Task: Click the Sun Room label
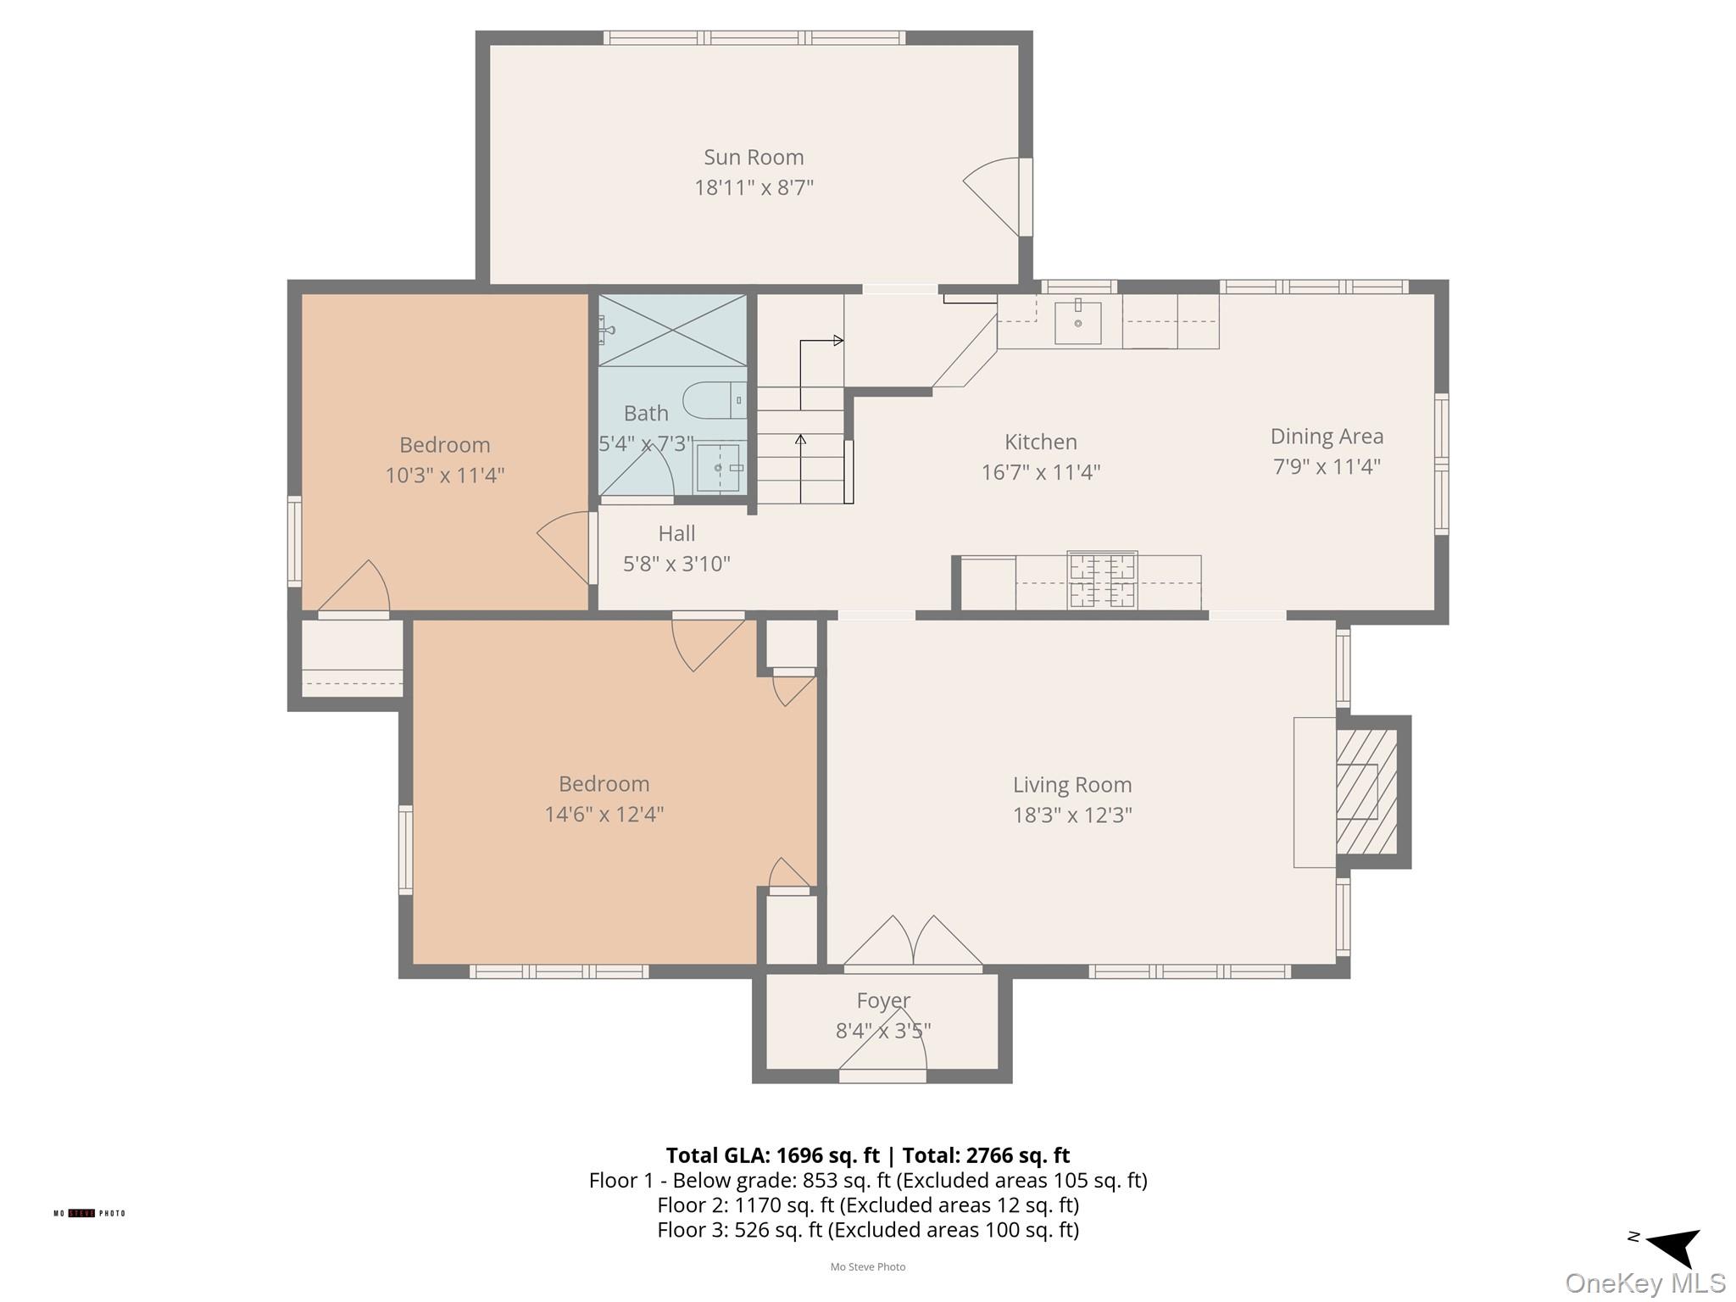[x=753, y=158]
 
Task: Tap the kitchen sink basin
[x=1077, y=321]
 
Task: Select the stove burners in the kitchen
[x=1102, y=580]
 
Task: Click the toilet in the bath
[x=714, y=400]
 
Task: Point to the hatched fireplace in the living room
[x=1366, y=791]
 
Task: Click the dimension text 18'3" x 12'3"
[x=1071, y=815]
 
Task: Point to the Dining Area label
[x=1326, y=437]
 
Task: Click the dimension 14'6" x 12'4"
[x=604, y=815]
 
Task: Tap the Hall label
[x=676, y=534]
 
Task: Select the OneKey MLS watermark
[x=1644, y=1283]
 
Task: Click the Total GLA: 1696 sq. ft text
[x=772, y=1155]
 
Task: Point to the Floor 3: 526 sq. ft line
[x=867, y=1230]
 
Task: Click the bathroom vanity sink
[x=719, y=468]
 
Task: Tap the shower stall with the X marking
[x=672, y=331]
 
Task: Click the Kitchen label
[x=1040, y=442]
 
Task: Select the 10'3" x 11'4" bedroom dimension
[x=444, y=476]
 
